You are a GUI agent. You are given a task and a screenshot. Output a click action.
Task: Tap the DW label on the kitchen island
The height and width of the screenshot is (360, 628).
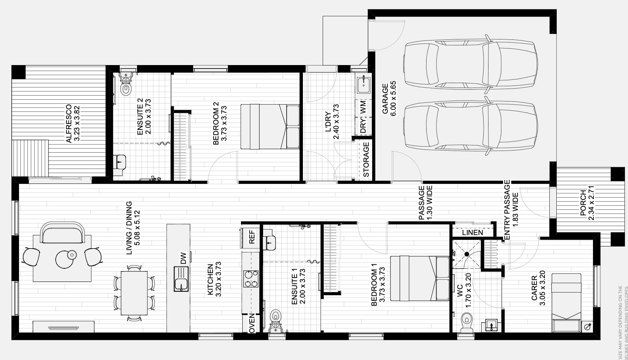(183, 258)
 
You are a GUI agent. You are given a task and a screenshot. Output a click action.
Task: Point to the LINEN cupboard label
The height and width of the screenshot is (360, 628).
(472, 233)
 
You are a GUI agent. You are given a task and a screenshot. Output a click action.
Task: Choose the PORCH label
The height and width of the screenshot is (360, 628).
(583, 203)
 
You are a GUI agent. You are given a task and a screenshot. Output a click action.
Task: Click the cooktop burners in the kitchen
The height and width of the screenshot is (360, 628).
(251, 279)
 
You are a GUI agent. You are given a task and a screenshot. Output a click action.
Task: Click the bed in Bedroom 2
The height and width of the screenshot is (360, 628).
(270, 127)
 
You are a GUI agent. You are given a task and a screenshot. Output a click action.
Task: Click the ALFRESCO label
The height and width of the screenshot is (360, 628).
(69, 124)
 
